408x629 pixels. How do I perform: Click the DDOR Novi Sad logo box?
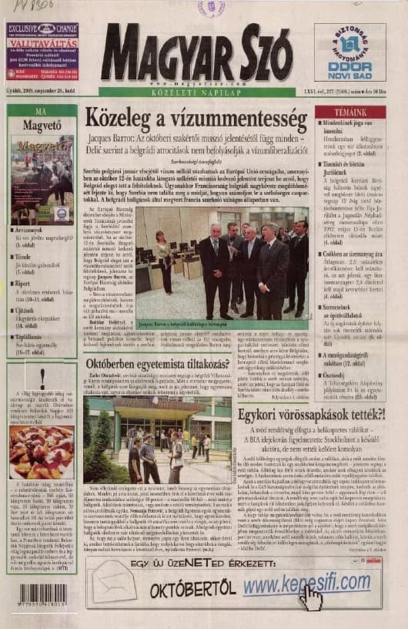click(x=349, y=52)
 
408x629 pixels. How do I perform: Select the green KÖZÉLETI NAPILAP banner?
click(x=196, y=92)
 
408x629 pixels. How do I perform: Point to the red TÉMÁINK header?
click(x=350, y=113)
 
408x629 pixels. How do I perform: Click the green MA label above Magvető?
click(x=42, y=112)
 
